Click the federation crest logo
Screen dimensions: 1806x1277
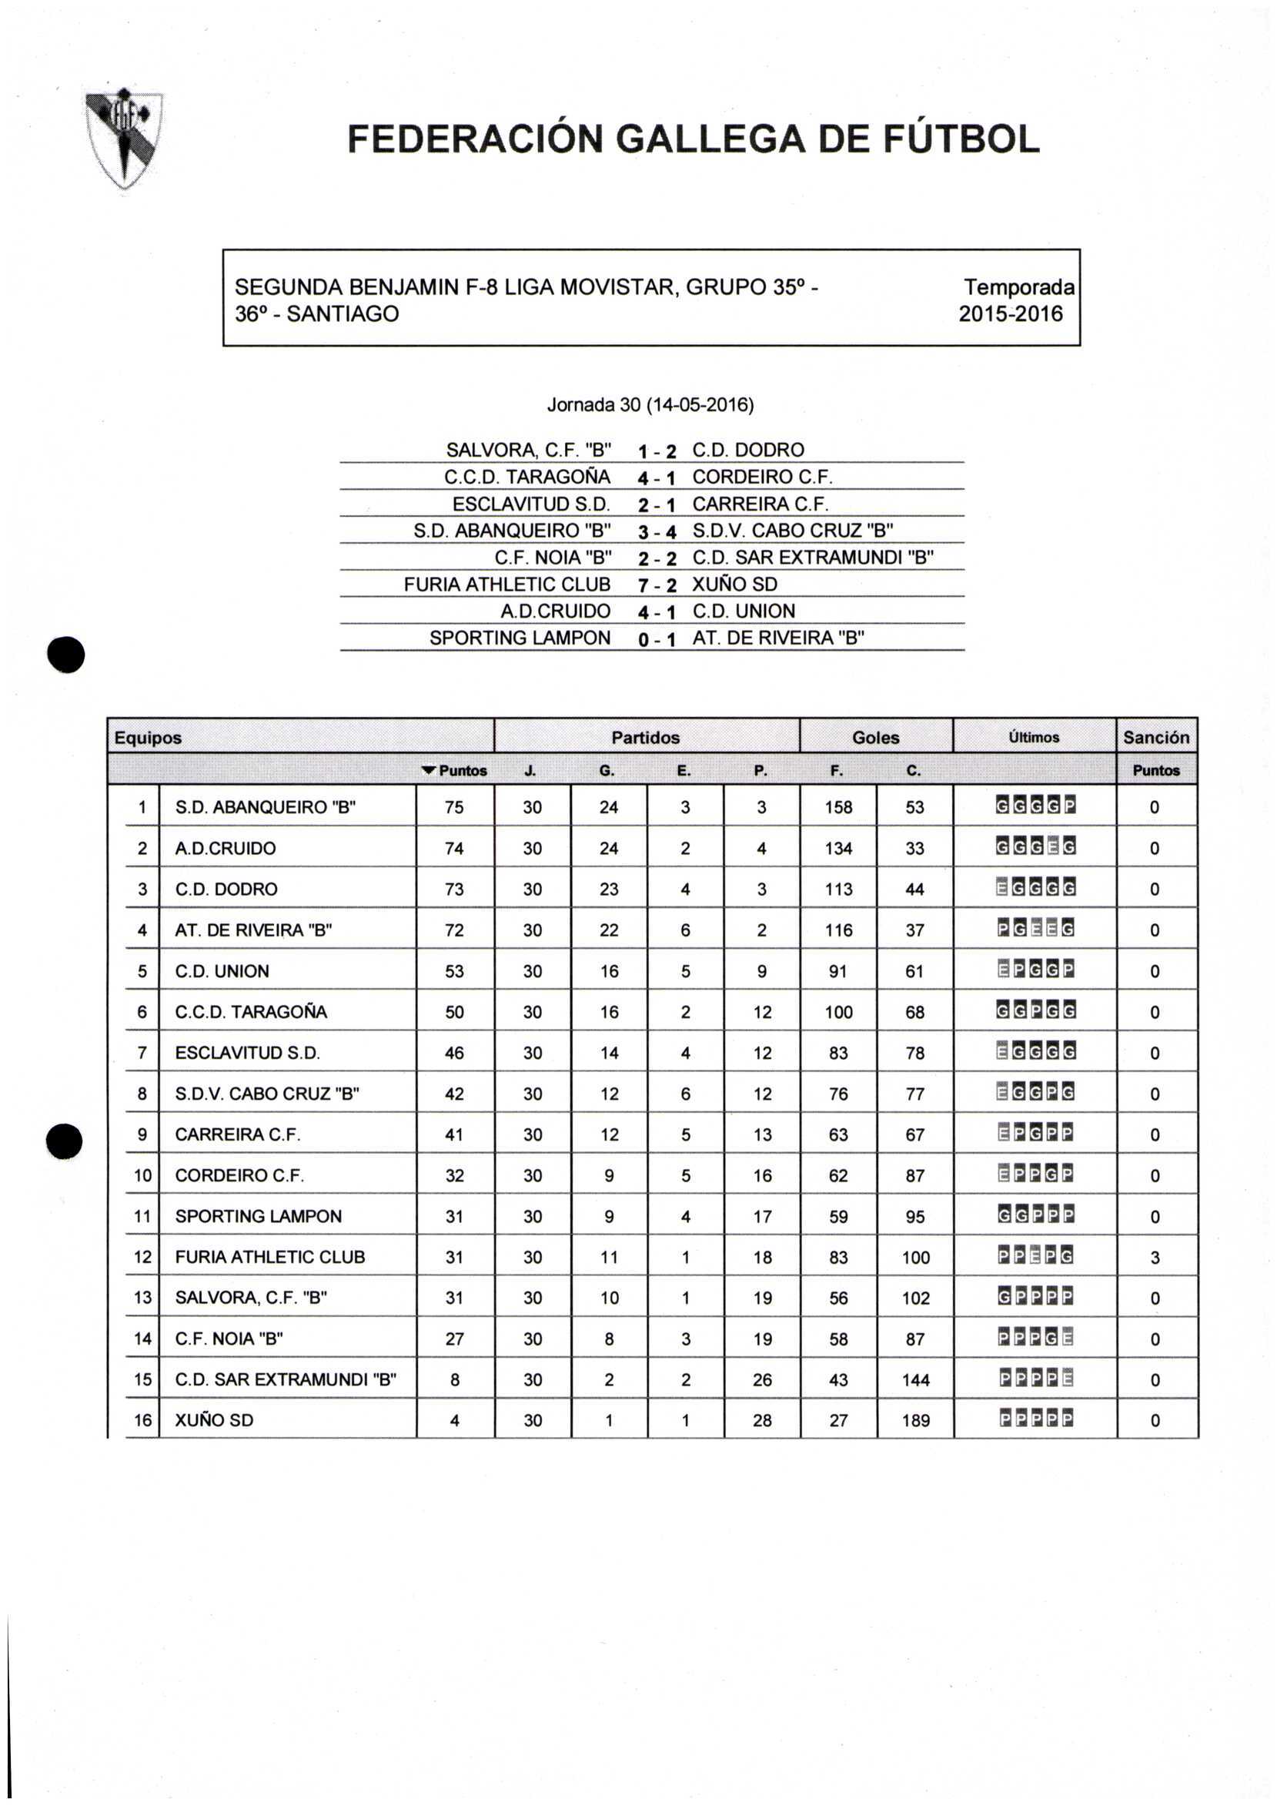125,139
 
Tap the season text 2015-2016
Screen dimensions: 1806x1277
1010,314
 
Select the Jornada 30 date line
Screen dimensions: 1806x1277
650,405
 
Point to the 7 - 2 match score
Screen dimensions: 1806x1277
657,585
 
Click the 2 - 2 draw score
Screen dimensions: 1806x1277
657,558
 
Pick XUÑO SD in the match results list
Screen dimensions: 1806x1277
734,585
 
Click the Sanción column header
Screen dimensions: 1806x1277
1155,737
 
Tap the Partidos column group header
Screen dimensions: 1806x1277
645,737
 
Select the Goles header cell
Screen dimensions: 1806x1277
875,737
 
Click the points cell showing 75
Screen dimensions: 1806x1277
454,807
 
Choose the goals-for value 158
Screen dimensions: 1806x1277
838,807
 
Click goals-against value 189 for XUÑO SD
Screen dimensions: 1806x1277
915,1421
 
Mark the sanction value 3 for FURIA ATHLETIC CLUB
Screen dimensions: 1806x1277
1155,1257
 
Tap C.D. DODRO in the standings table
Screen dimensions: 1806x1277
226,889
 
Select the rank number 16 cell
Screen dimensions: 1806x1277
142,1421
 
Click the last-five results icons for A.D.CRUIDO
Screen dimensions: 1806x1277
1035,848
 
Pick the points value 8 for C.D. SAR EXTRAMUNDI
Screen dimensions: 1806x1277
454,1379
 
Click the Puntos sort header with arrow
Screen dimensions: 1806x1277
454,771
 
